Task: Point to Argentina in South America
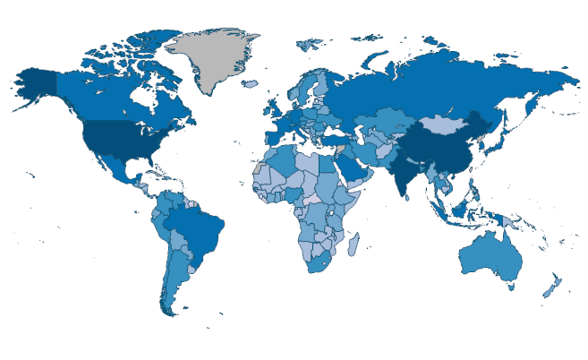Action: pyautogui.click(x=175, y=278)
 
